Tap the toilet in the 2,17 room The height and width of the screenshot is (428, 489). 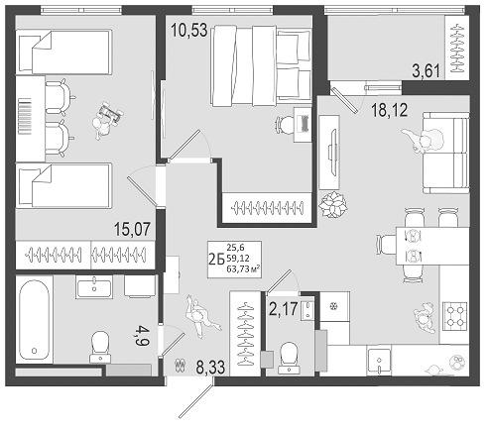[290, 354]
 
